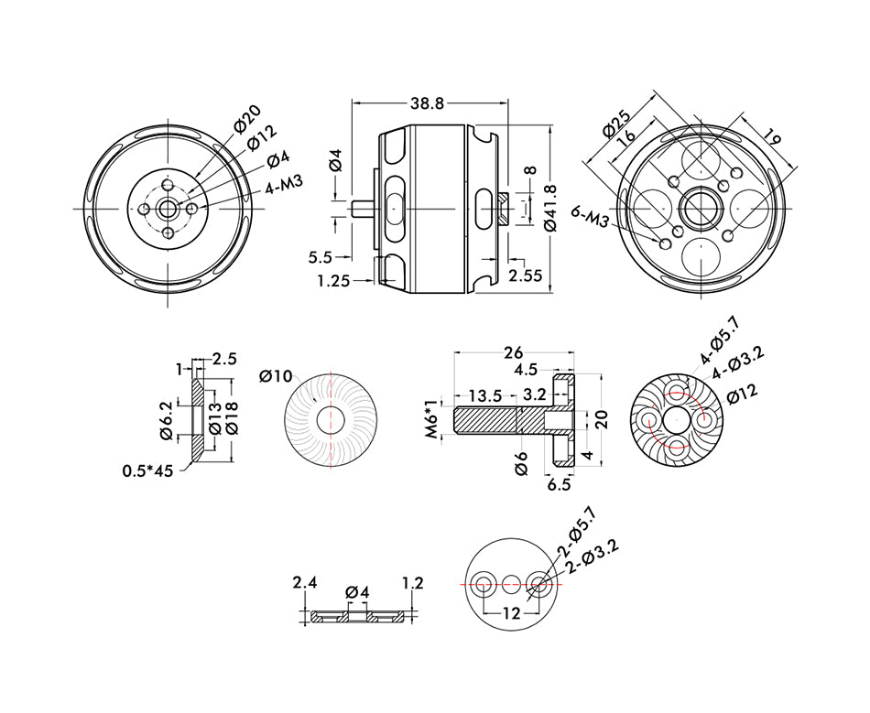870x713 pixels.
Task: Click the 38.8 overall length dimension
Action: click(427, 103)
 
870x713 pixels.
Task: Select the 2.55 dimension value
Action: click(525, 275)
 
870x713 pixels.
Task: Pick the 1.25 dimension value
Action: click(334, 281)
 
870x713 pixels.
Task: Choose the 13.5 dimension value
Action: click(484, 395)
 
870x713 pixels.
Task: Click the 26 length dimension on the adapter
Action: click(514, 352)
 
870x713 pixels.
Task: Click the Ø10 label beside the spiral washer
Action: click(276, 376)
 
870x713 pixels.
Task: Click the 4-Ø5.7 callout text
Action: click(719, 341)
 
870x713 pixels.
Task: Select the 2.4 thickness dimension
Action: click(304, 582)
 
